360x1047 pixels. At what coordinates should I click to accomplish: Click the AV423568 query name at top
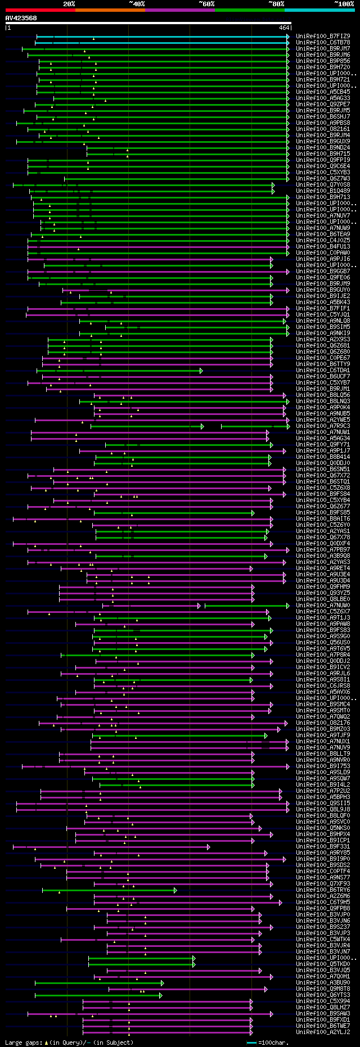[21, 18]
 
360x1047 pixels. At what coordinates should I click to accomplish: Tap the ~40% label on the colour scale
[137, 4]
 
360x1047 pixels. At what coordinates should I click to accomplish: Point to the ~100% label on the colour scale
[344, 4]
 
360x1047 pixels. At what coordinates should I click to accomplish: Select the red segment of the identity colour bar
[40, 10]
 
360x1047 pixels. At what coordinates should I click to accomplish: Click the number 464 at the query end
[284, 28]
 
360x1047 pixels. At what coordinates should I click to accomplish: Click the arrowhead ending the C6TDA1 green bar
[201, 371]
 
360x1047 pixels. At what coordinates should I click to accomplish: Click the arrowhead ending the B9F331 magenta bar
[208, 847]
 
